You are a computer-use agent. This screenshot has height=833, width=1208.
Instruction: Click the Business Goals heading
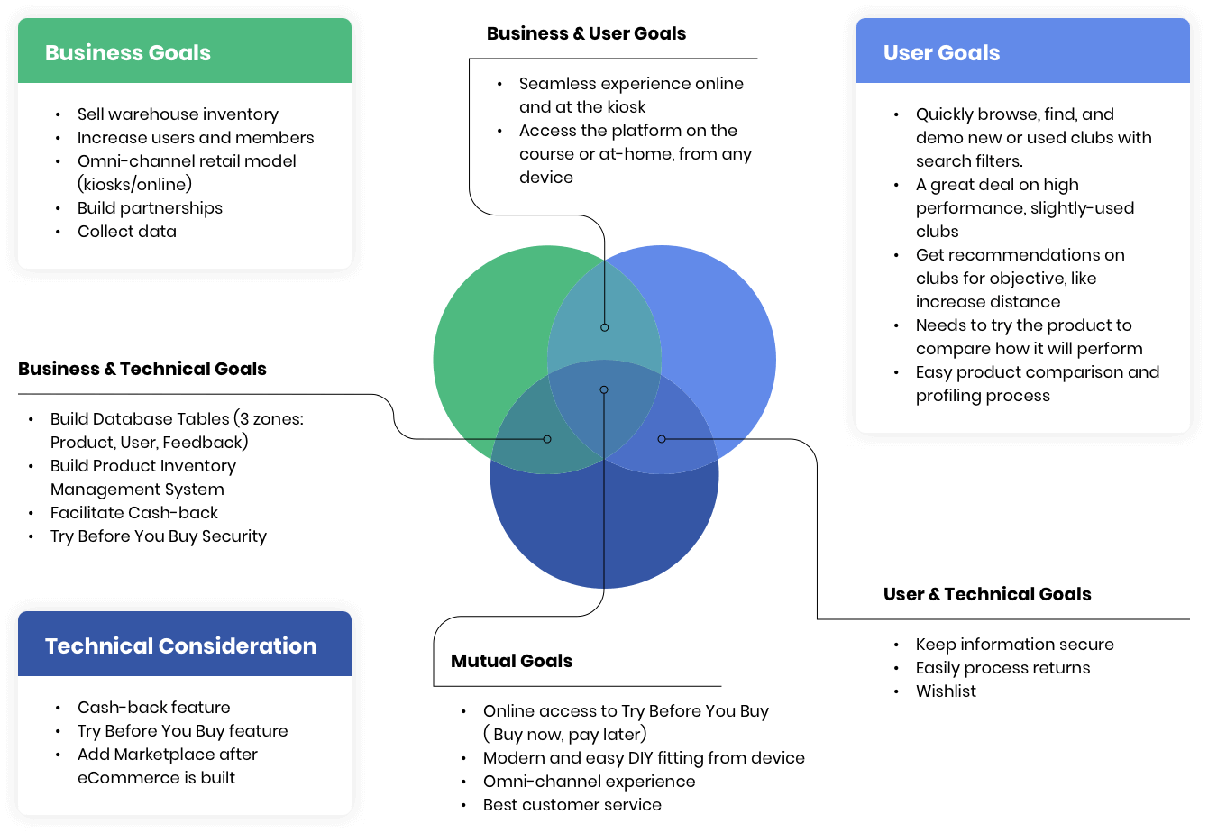(x=128, y=53)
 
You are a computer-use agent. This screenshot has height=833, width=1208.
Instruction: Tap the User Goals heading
(x=941, y=53)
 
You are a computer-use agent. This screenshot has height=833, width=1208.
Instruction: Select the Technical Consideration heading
(x=180, y=646)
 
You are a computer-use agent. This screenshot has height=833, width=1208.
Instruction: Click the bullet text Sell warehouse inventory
(x=178, y=114)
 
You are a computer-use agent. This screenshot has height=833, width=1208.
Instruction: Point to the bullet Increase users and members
(x=196, y=138)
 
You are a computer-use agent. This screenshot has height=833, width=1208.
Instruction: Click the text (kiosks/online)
(x=135, y=185)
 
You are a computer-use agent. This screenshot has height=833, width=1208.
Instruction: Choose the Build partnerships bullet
(x=150, y=208)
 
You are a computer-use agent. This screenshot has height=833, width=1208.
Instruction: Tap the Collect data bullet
(x=127, y=232)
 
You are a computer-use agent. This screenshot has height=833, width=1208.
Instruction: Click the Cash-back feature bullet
(x=154, y=708)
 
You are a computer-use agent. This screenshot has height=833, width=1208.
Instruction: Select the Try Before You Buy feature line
(x=183, y=731)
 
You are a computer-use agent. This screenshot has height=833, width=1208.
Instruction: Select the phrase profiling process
(x=983, y=396)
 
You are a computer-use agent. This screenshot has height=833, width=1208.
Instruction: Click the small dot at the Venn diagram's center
(x=604, y=390)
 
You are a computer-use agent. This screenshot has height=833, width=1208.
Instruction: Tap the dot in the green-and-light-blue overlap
(x=605, y=327)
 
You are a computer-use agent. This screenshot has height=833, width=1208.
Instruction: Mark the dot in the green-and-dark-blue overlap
(x=547, y=439)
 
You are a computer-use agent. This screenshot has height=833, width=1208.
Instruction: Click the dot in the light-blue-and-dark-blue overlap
(x=662, y=439)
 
